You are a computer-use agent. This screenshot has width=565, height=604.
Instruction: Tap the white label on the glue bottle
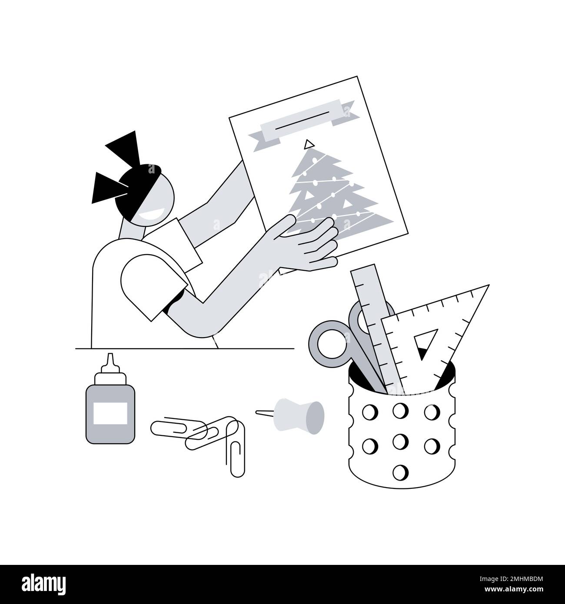coord(110,413)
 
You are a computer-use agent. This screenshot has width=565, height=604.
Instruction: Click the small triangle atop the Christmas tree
coord(309,143)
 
